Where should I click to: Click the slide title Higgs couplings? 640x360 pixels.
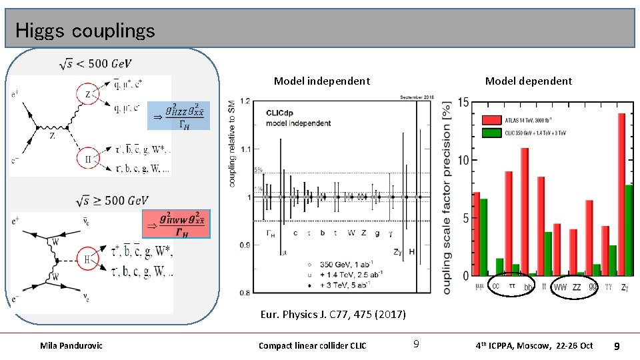pos(85,31)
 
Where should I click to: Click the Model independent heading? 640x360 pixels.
pos(321,81)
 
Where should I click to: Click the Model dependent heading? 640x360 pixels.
pos(528,81)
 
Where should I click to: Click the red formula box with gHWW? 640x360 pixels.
pos(176,225)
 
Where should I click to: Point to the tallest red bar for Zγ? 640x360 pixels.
pos(621,193)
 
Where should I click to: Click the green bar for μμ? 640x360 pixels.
pos(484,237)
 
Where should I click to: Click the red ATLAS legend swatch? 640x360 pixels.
pos(491,120)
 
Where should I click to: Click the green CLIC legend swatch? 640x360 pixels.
pos(491,132)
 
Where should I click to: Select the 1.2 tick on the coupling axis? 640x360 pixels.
pos(246,101)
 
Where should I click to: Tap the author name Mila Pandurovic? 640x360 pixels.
pos(71,345)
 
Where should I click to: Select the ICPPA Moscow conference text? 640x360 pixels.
pos(534,345)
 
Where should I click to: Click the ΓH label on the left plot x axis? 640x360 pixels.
pos(269,233)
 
